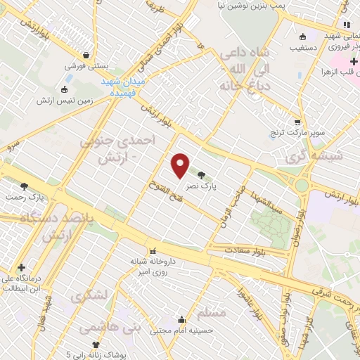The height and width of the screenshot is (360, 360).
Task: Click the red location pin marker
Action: point(181,165)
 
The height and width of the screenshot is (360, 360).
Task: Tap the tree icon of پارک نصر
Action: point(202,175)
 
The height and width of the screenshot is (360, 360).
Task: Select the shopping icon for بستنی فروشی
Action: point(86,55)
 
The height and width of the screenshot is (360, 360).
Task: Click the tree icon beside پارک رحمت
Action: point(25,186)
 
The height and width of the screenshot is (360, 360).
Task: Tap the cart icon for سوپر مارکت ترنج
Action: point(297,121)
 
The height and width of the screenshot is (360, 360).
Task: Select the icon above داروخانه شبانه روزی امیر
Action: point(152,251)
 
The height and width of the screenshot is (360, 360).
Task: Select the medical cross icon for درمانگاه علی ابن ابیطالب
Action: point(23,267)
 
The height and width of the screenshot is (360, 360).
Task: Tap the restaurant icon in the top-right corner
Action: point(347,25)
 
